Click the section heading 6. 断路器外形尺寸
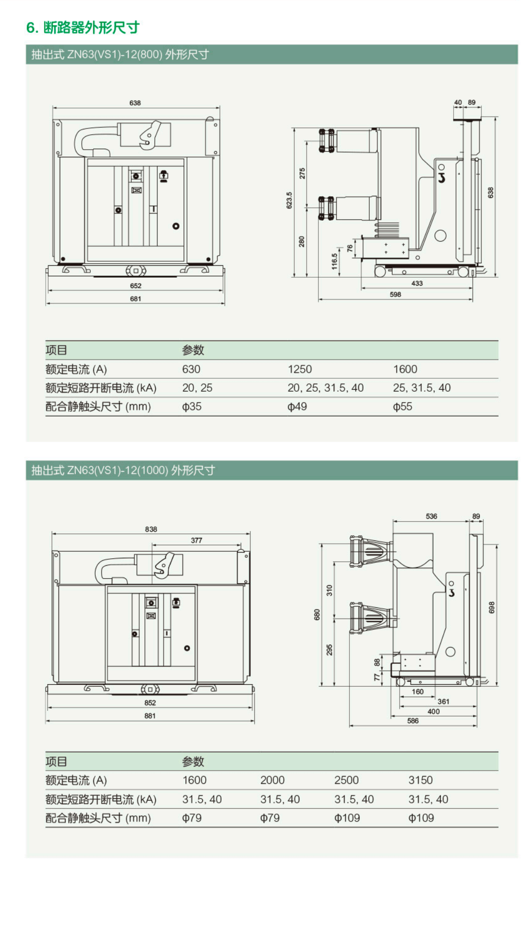pos(83,28)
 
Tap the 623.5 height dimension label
pos(289,200)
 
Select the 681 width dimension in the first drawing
pos(135,299)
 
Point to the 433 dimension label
pos(417,284)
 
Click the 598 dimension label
pos(395,295)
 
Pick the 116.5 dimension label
pos(335,261)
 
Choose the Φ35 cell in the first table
pos(192,407)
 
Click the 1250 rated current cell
pos(299,369)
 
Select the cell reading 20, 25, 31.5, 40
pos(325,388)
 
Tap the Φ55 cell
pos(403,407)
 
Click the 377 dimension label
pos(196,540)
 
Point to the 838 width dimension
pos(151,529)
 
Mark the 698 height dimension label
pos(491,607)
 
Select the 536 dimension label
pos(431,516)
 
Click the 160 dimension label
pos(417,692)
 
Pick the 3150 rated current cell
pos(420,780)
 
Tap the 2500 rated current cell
pos(346,780)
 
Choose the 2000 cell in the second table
pos(272,780)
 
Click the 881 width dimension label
pos(150,716)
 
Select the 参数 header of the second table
pos(193,762)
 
